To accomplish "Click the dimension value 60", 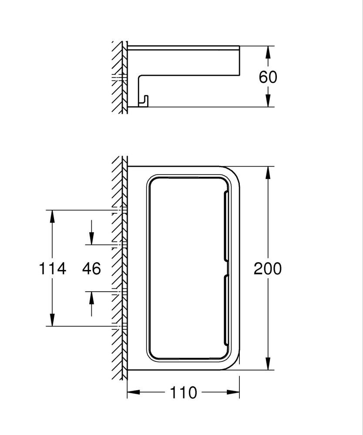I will click(x=268, y=77).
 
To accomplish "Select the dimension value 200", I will click(x=268, y=269).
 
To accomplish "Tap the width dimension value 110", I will click(x=183, y=393).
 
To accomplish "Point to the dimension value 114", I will click(x=53, y=269).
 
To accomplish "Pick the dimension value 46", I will click(x=91, y=269).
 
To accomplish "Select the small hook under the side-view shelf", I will click(x=143, y=101).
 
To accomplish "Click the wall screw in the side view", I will click(x=119, y=78).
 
